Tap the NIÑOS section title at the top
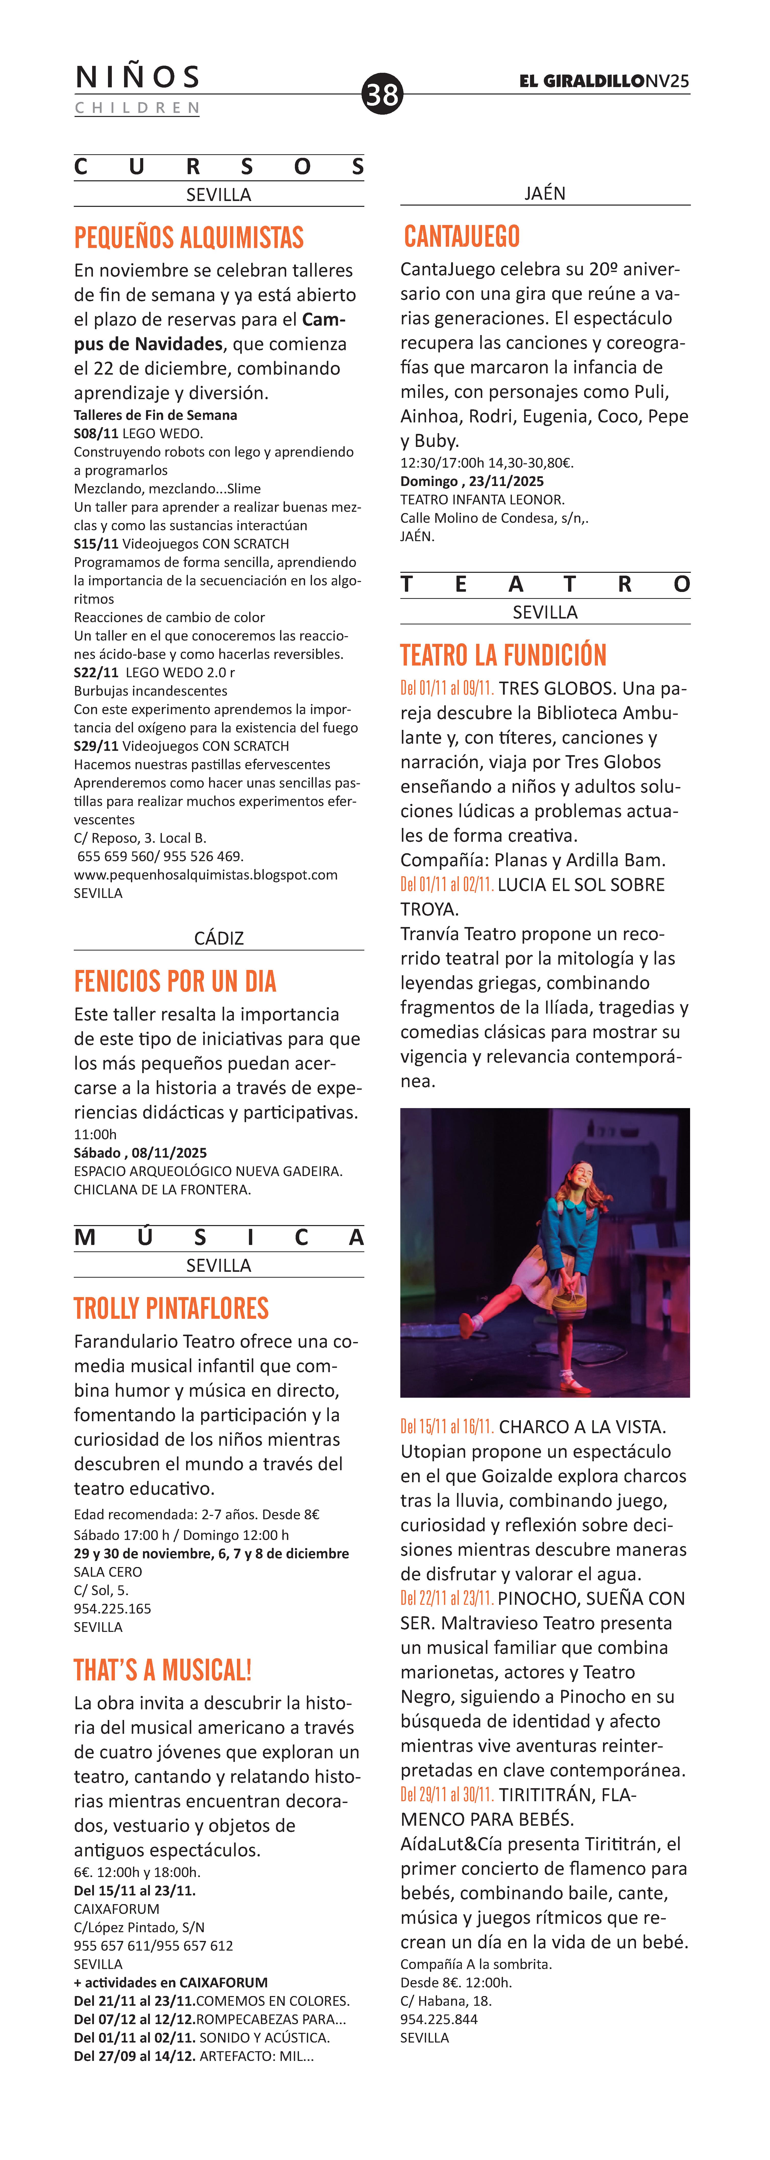point(137,77)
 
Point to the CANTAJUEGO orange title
point(462,236)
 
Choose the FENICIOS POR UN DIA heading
point(175,981)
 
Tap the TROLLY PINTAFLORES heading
point(171,1308)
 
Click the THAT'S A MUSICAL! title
point(163,1669)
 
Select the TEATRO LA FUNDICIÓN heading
point(503,655)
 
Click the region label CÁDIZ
point(219,938)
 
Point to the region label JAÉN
point(545,194)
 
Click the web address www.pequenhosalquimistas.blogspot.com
point(205,875)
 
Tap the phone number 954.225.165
point(112,1608)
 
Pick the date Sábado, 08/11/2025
point(140,1153)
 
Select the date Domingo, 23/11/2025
point(472,481)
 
